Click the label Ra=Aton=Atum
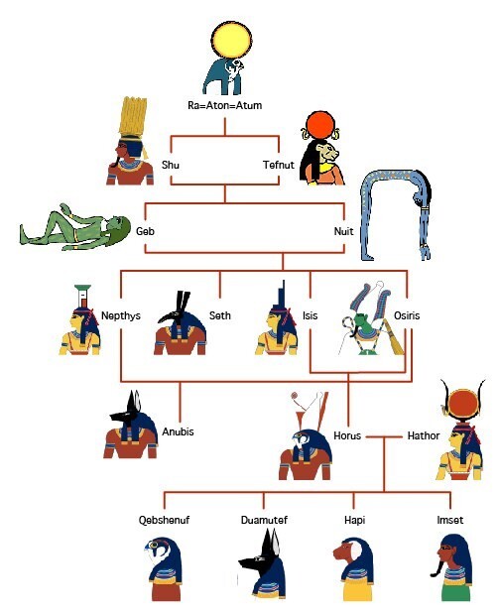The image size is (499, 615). tap(225, 105)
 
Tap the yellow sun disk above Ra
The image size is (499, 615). tap(232, 41)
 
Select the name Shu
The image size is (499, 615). tap(171, 165)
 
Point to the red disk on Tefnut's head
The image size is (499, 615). tap(320, 125)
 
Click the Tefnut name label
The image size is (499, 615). tap(279, 165)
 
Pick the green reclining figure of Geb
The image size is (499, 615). tap(74, 227)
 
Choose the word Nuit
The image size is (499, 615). tap(343, 231)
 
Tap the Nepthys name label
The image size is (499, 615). tap(121, 315)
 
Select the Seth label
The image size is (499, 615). tap(219, 315)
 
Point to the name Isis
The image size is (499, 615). tap(310, 315)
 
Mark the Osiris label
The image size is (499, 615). tap(407, 315)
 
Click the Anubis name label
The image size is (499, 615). tap(179, 431)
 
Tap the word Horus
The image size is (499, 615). tap(347, 435)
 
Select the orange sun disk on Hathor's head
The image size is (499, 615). tap(463, 405)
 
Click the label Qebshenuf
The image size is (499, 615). tap(164, 520)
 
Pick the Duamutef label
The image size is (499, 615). tap(264, 520)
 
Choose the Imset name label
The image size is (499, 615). tap(450, 520)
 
